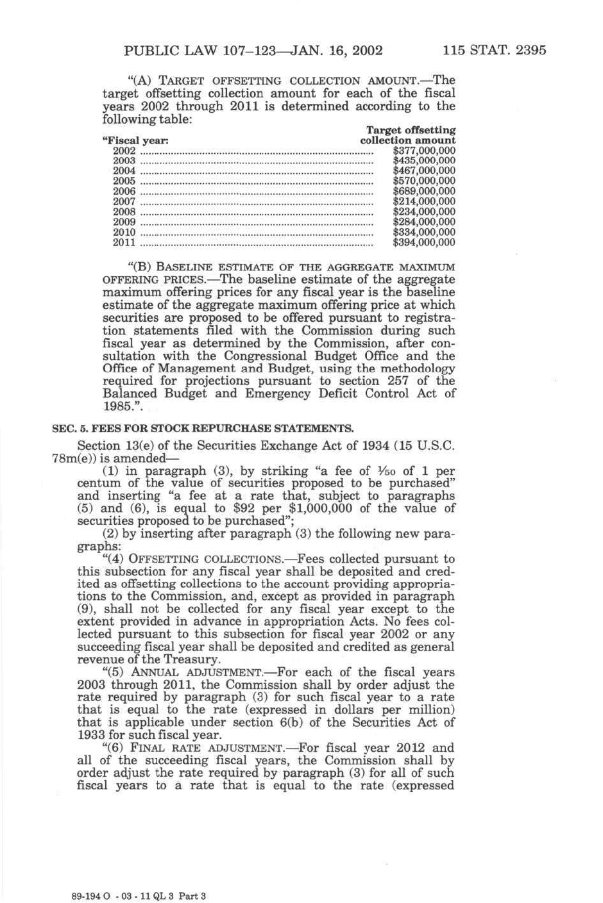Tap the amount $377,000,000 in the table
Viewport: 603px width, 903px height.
[x=424, y=151]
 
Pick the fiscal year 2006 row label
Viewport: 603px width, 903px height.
[x=124, y=192]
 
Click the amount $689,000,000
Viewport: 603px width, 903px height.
[x=424, y=192]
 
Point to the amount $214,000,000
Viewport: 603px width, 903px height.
[x=424, y=202]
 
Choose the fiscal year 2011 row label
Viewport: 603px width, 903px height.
[x=124, y=243]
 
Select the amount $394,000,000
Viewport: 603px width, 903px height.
[x=424, y=243]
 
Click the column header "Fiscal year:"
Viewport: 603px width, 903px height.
[x=135, y=140]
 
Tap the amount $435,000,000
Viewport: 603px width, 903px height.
[x=424, y=161]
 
